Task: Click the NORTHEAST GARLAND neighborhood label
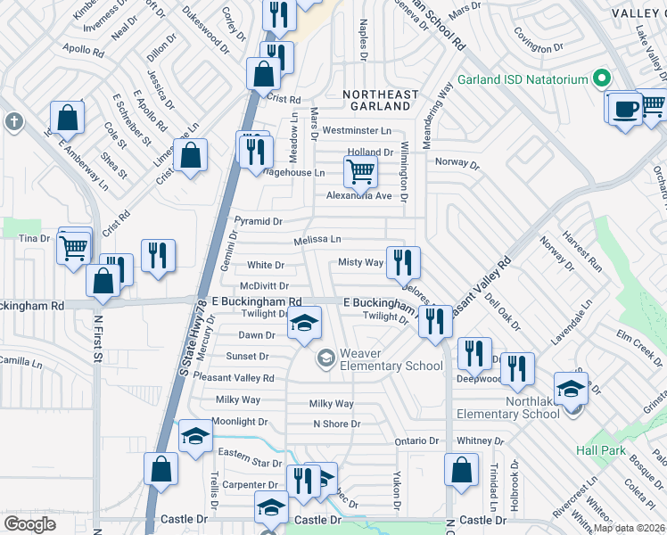[379, 102]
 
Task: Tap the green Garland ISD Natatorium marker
[601, 79]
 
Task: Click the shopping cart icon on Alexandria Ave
[359, 170]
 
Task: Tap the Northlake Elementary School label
[508, 407]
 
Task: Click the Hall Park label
[600, 450]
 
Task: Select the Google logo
[29, 523]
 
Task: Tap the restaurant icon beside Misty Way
[403, 261]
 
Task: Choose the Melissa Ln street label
[317, 240]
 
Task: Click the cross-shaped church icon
[12, 121]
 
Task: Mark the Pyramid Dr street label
[258, 221]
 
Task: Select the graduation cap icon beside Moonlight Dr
[195, 436]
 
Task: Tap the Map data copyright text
[629, 528]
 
